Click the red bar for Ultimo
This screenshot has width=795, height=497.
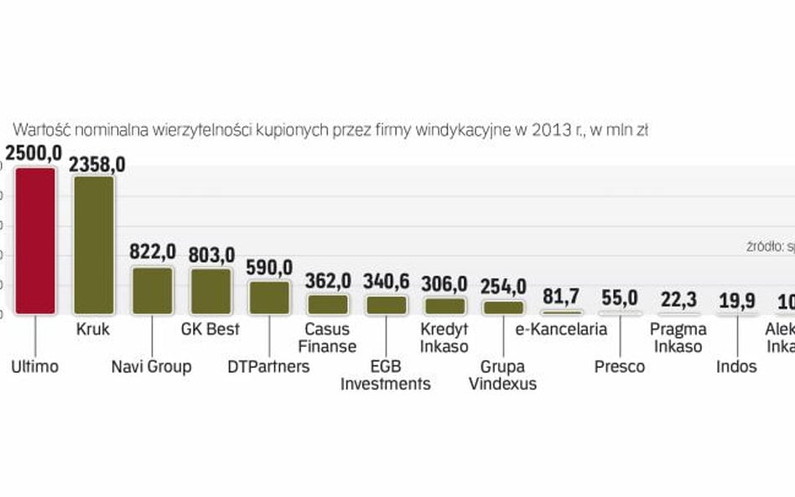coord(35,241)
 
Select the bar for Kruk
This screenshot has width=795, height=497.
coord(94,245)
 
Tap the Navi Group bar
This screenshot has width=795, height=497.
coord(152,290)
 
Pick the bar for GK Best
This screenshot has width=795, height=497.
coord(210,291)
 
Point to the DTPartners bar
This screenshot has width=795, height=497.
coord(269,298)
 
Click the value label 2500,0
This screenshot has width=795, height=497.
coord(34,153)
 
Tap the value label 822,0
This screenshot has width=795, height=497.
coord(153,251)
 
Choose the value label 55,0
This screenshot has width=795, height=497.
coord(620,298)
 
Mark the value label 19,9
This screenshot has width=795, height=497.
coord(736,301)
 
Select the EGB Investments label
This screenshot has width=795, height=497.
coord(386,375)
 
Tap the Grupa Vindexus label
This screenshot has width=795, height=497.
coord(503,375)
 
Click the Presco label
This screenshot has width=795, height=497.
coord(620,366)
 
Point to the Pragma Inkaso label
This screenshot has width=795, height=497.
coord(678,338)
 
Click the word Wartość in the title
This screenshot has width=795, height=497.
coord(39,129)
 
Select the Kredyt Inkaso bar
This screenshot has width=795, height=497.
coord(444,305)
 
